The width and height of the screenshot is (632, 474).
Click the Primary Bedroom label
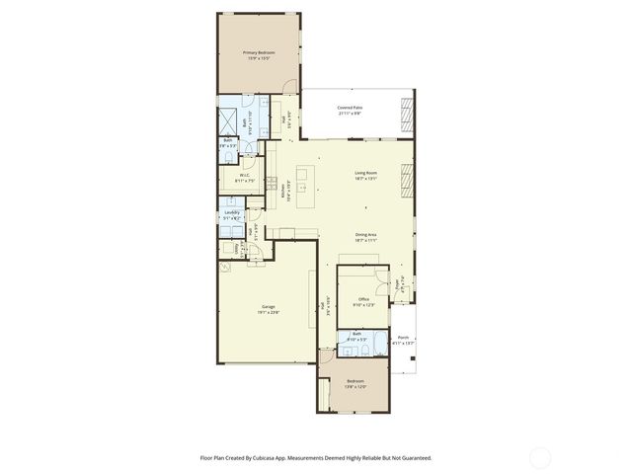[x=259, y=51]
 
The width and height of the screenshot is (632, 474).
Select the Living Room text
[x=366, y=174]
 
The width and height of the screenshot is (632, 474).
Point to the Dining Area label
[x=366, y=235]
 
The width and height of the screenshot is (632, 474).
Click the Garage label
[x=269, y=306]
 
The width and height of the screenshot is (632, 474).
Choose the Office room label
[x=365, y=298]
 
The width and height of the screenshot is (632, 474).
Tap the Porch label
[x=403, y=338]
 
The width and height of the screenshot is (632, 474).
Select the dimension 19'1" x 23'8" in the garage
[x=269, y=312]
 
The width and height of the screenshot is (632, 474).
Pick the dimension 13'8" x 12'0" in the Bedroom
[x=355, y=387]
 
